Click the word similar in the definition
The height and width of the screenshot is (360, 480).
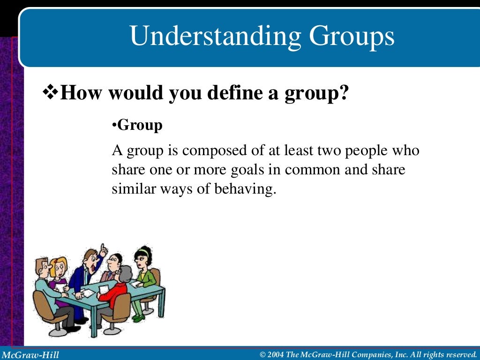[x=131, y=189]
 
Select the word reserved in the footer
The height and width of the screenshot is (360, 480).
[x=459, y=354]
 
